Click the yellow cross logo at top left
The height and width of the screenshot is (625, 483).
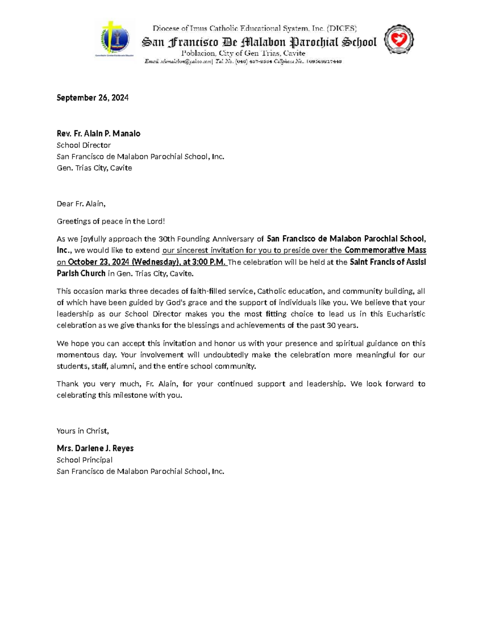point(115,39)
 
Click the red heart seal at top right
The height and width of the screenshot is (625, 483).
point(398,39)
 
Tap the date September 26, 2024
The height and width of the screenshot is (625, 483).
point(93,98)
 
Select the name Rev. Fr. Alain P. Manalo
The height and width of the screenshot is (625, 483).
point(98,134)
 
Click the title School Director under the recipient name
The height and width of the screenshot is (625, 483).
point(83,145)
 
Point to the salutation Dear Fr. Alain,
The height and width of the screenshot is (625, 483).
point(81,204)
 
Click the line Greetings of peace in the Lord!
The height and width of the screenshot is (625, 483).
point(111,221)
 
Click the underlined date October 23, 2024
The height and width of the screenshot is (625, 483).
point(99,262)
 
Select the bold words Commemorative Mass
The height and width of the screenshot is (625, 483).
point(385,250)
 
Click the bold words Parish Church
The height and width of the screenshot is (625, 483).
point(81,274)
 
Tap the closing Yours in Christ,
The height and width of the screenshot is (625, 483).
point(83,431)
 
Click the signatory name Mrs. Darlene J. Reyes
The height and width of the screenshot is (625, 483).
point(95,448)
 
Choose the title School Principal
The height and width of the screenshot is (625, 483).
point(84,460)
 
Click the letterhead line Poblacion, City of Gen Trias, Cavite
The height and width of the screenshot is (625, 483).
point(243,53)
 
